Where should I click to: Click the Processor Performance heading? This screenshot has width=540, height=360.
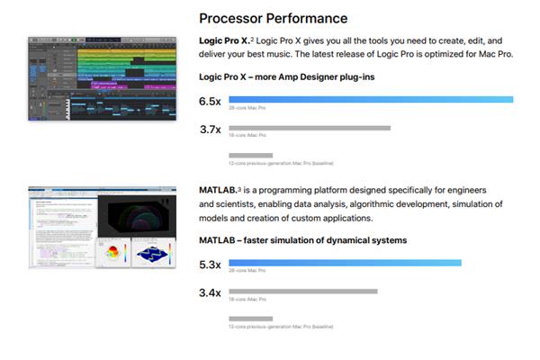pyautogui.click(x=273, y=18)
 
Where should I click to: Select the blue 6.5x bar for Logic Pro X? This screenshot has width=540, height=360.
pyautogui.click(x=371, y=99)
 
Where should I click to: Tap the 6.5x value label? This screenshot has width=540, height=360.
pyautogui.click(x=210, y=101)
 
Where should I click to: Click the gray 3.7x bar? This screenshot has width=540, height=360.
pyautogui.click(x=310, y=128)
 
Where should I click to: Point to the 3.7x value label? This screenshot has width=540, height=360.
pyautogui.click(x=210, y=130)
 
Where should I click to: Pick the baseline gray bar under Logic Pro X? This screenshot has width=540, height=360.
pyautogui.click(x=250, y=155)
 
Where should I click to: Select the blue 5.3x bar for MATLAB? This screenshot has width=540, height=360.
pyautogui.click(x=345, y=263)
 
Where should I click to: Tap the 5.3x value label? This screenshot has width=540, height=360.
pyautogui.click(x=210, y=265)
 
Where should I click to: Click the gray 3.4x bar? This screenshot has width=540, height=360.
pyautogui.click(x=303, y=292)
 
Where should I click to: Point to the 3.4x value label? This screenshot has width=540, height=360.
pyautogui.click(x=210, y=293)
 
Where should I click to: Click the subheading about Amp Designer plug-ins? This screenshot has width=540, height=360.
pyautogui.click(x=286, y=77)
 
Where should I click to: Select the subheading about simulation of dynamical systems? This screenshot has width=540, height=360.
pyautogui.click(x=302, y=240)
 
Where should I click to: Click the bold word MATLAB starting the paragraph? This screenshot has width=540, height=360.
pyautogui.click(x=217, y=191)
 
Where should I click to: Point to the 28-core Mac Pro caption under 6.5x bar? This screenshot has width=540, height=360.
pyautogui.click(x=247, y=108)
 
